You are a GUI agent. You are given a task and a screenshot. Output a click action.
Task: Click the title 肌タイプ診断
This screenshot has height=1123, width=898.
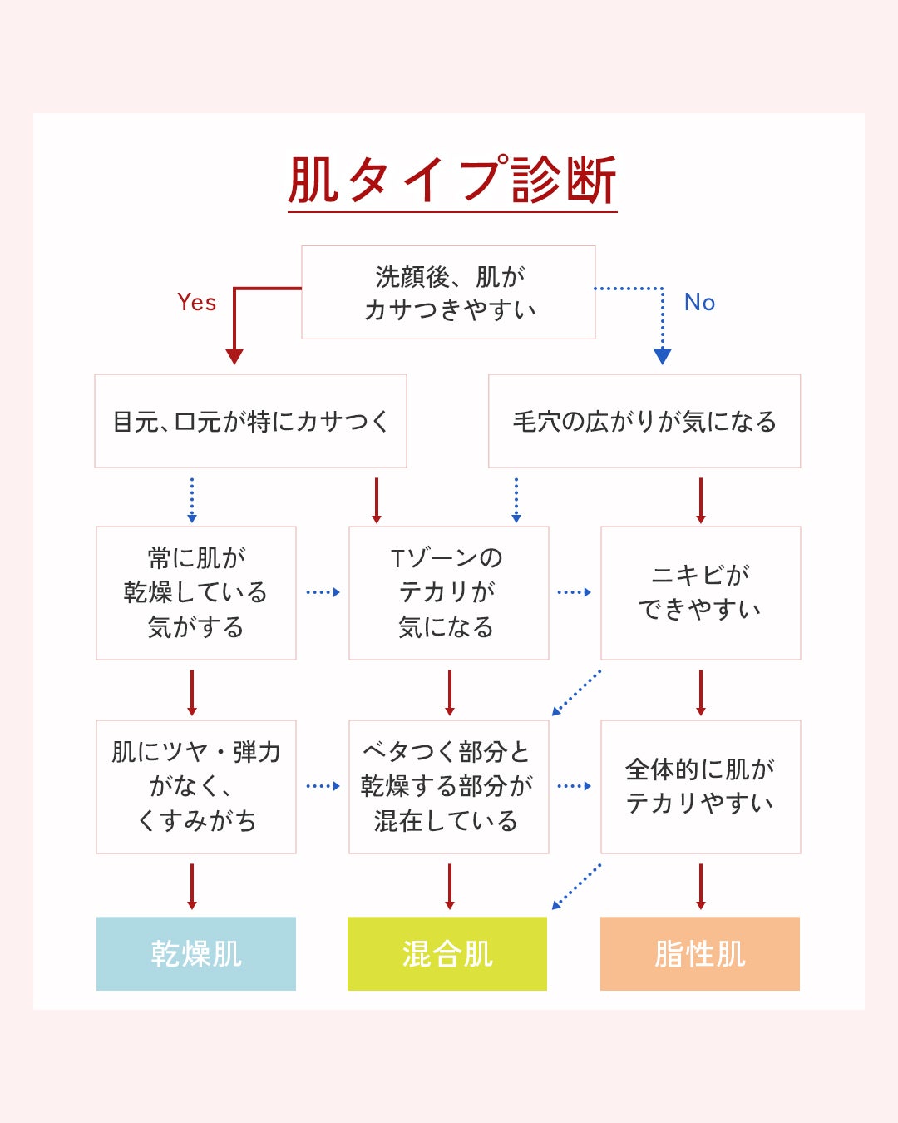[451, 181]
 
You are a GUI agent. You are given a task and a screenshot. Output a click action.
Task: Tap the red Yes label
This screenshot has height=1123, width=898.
[196, 302]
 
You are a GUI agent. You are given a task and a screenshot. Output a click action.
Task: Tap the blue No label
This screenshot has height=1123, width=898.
[699, 302]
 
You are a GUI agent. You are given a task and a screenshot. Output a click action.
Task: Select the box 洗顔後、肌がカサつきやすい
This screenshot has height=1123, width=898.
[448, 292]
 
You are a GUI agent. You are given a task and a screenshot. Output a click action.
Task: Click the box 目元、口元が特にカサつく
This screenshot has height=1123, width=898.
[250, 421]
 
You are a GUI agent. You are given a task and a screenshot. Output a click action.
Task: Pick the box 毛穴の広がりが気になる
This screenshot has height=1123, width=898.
[644, 421]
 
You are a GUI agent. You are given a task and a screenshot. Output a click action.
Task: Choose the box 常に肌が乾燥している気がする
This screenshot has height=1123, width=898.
[196, 592]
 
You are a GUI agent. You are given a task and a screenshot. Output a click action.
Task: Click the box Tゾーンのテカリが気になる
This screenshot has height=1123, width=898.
[448, 592]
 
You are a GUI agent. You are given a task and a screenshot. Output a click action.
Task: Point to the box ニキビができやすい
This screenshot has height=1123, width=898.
[700, 592]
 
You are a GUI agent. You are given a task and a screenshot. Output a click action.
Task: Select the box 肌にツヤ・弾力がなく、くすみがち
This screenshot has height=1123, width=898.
[196, 786]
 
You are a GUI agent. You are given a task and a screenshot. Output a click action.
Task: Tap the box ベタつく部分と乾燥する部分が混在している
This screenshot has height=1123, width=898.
[448, 786]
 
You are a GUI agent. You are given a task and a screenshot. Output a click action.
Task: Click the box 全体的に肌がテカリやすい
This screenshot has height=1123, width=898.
[700, 786]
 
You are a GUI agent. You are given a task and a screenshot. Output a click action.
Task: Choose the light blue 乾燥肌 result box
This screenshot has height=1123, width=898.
[196, 953]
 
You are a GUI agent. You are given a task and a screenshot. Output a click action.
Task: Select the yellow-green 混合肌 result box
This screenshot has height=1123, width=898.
[447, 953]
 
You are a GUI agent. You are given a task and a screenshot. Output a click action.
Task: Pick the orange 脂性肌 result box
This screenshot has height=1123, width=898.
[700, 953]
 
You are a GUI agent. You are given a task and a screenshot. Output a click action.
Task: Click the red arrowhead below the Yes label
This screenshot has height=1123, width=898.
[234, 356]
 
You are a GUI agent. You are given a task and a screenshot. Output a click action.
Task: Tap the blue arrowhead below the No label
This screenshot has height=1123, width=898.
[663, 356]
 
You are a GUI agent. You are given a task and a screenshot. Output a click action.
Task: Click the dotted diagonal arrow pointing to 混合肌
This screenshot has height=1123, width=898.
[576, 887]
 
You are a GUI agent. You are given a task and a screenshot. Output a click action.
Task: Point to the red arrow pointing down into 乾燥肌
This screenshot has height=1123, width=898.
[192, 887]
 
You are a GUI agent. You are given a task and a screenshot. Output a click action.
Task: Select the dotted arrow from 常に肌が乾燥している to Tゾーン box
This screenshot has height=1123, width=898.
[323, 592]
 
